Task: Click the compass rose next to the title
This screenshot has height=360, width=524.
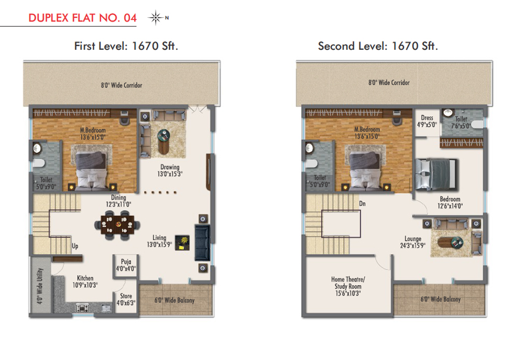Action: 156,18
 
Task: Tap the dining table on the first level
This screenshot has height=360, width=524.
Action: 118,224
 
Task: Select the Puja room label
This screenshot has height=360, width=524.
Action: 126,265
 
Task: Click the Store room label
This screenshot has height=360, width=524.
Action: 126,299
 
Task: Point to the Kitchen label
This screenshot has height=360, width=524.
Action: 85,281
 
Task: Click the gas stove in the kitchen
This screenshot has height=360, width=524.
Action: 83,308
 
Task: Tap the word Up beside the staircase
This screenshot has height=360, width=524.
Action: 75,246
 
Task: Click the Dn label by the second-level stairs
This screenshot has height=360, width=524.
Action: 362,203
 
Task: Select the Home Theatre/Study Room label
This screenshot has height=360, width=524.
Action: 348,286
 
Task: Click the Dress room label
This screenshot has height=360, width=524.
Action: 427,122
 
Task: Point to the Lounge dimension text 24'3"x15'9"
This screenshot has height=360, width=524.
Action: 413,246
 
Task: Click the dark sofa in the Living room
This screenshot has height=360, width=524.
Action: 202,243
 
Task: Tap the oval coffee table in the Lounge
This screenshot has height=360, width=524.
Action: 451,242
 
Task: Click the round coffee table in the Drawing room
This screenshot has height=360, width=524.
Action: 163,141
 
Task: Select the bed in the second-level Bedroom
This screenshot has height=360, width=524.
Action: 436,174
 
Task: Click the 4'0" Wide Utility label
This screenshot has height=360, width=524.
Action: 40,286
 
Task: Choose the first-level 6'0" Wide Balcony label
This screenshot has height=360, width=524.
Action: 174,300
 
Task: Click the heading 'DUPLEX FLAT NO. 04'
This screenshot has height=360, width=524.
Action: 83,18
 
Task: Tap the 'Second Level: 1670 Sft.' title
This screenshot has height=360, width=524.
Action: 378,46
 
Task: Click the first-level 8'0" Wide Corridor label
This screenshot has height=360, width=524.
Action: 122,85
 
